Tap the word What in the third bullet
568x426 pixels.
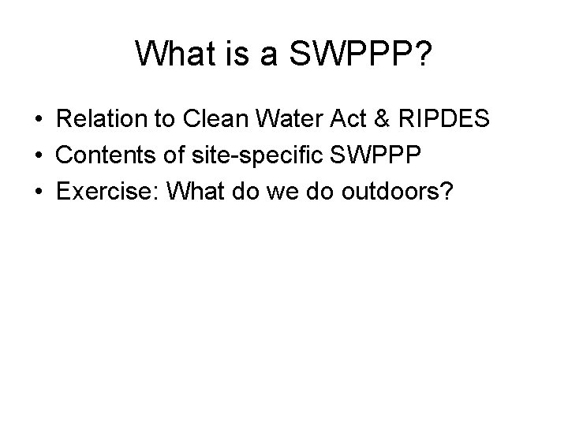pos(191,192)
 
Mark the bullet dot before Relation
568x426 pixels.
pos(38,121)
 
